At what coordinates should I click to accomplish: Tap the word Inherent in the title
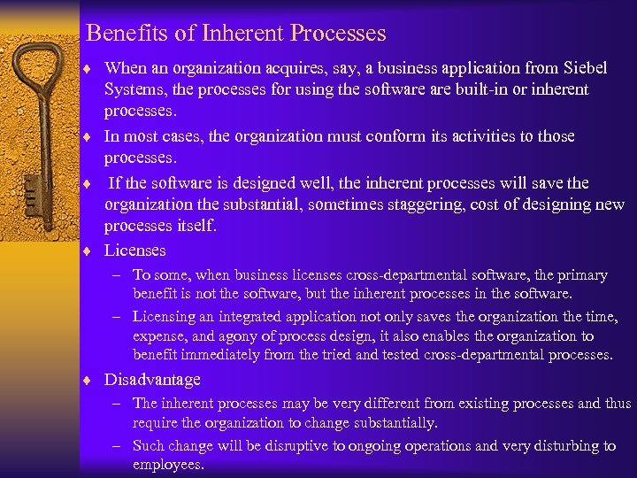(240, 34)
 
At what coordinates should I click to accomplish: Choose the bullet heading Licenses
(135, 251)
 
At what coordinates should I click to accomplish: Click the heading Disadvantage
(152, 380)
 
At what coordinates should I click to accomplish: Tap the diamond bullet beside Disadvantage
(91, 381)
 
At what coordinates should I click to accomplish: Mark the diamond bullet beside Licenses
(91, 251)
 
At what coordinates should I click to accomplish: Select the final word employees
(168, 465)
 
